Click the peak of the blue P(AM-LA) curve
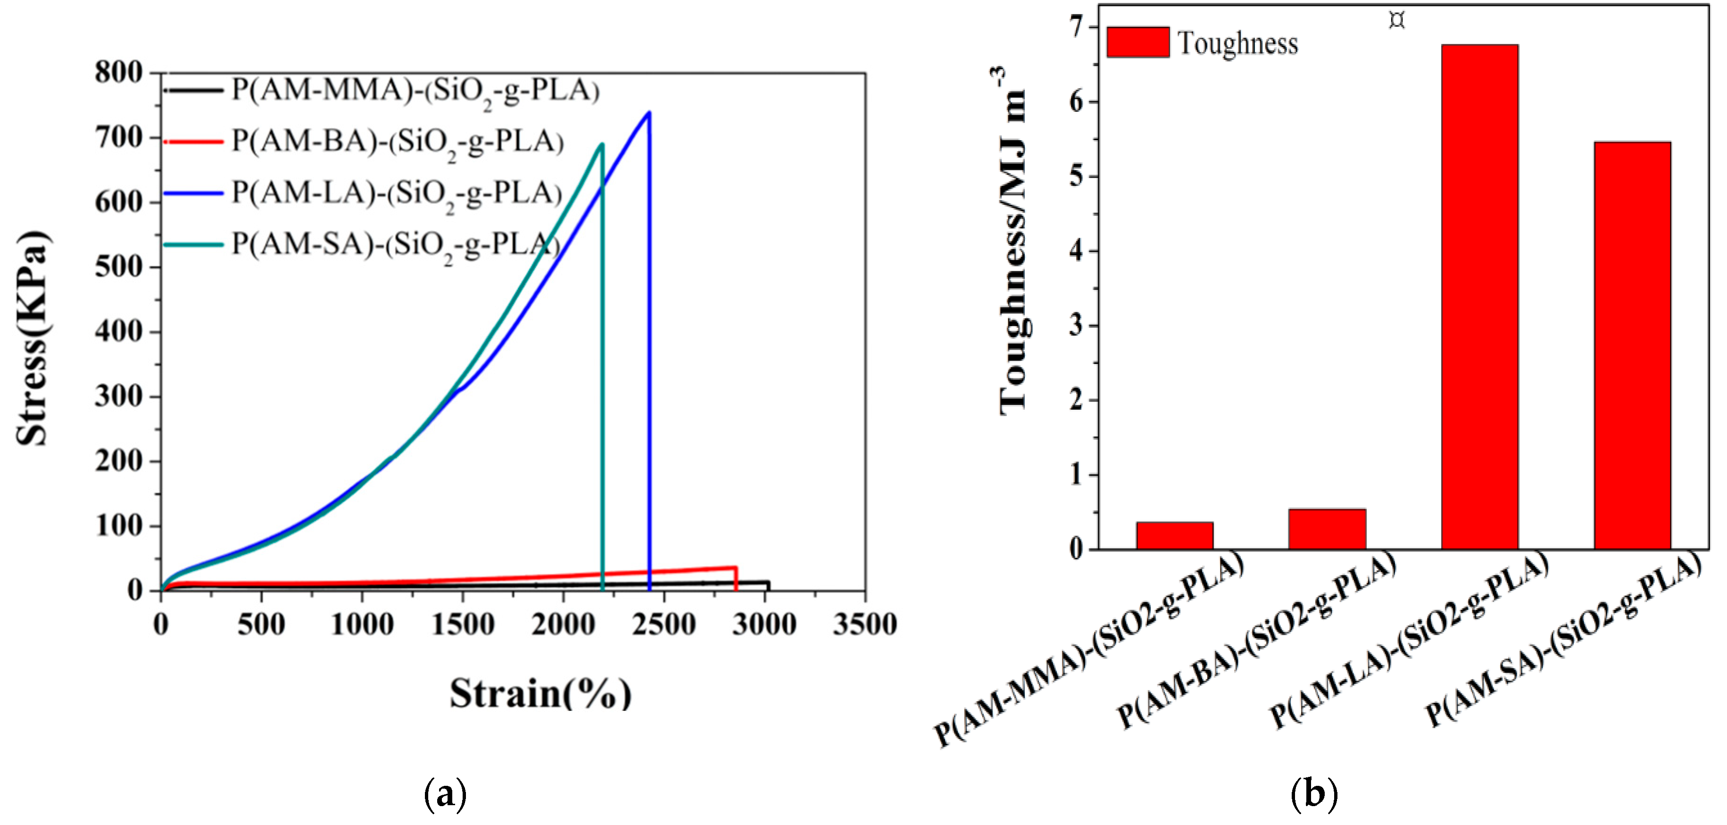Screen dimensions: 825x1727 648,113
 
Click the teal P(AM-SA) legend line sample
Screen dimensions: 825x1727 193,245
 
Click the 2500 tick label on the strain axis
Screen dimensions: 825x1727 663,624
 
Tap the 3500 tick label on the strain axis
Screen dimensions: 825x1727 864,624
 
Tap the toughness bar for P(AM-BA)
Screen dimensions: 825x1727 1326,529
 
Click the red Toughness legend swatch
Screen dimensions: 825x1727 1137,42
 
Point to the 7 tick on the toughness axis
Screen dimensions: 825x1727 1076,27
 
